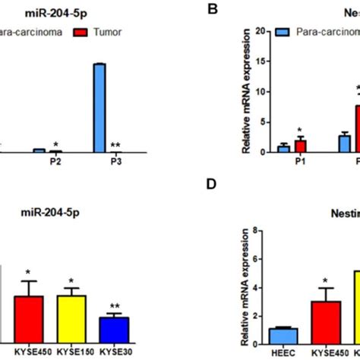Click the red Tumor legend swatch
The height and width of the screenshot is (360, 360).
click(x=79, y=33)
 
